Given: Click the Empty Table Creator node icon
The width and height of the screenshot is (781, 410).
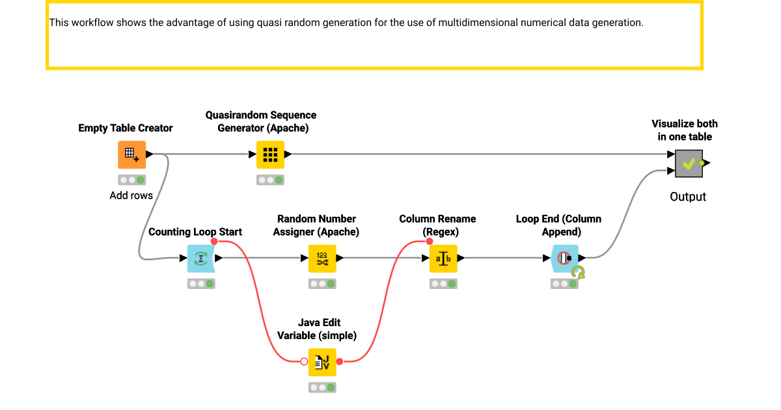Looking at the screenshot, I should (x=132, y=154).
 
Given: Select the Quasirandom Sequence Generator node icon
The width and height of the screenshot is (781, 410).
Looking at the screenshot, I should (x=270, y=154).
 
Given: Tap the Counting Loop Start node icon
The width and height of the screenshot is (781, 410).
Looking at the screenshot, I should (x=201, y=258).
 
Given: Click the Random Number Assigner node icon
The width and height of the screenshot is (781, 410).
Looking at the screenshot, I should (x=322, y=258).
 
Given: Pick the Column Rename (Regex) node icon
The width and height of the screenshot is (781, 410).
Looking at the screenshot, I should (x=443, y=258).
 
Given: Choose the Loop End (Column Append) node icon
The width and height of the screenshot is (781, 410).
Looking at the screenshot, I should (x=564, y=258).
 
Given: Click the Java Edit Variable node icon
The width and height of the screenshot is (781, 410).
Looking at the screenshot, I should (x=322, y=362).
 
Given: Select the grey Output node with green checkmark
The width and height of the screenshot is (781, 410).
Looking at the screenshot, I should (x=689, y=163).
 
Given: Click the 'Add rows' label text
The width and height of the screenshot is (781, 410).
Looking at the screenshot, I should (x=131, y=195).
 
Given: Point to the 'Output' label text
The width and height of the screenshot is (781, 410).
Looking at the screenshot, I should (x=688, y=197).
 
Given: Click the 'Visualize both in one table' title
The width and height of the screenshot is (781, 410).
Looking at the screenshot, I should (x=685, y=130).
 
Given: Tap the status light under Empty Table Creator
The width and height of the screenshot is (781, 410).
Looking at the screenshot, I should (x=132, y=180).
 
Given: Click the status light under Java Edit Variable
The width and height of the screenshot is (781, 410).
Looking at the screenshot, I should (x=322, y=387).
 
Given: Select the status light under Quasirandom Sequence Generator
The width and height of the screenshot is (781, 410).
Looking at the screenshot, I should (x=270, y=180).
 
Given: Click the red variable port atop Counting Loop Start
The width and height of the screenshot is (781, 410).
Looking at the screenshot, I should (x=214, y=241).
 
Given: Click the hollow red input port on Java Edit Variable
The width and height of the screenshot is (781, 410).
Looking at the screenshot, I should (x=304, y=361).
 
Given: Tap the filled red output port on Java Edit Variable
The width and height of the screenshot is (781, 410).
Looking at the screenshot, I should (x=340, y=361).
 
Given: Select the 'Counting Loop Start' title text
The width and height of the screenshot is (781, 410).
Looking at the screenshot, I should (x=195, y=232).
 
